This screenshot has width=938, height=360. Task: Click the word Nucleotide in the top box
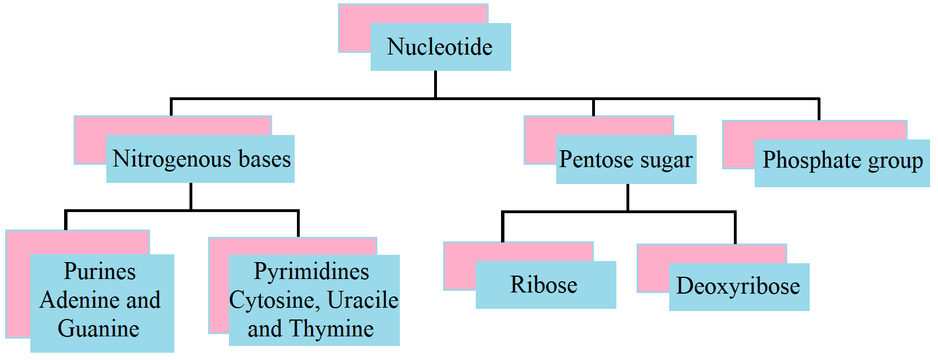(440, 47)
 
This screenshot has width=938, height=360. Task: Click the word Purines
(100, 272)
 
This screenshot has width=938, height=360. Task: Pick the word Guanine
(98, 329)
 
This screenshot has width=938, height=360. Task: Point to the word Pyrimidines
(311, 272)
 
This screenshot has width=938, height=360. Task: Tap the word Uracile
(363, 300)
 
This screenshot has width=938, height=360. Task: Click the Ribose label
(544, 285)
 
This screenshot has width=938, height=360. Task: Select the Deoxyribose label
(738, 286)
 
